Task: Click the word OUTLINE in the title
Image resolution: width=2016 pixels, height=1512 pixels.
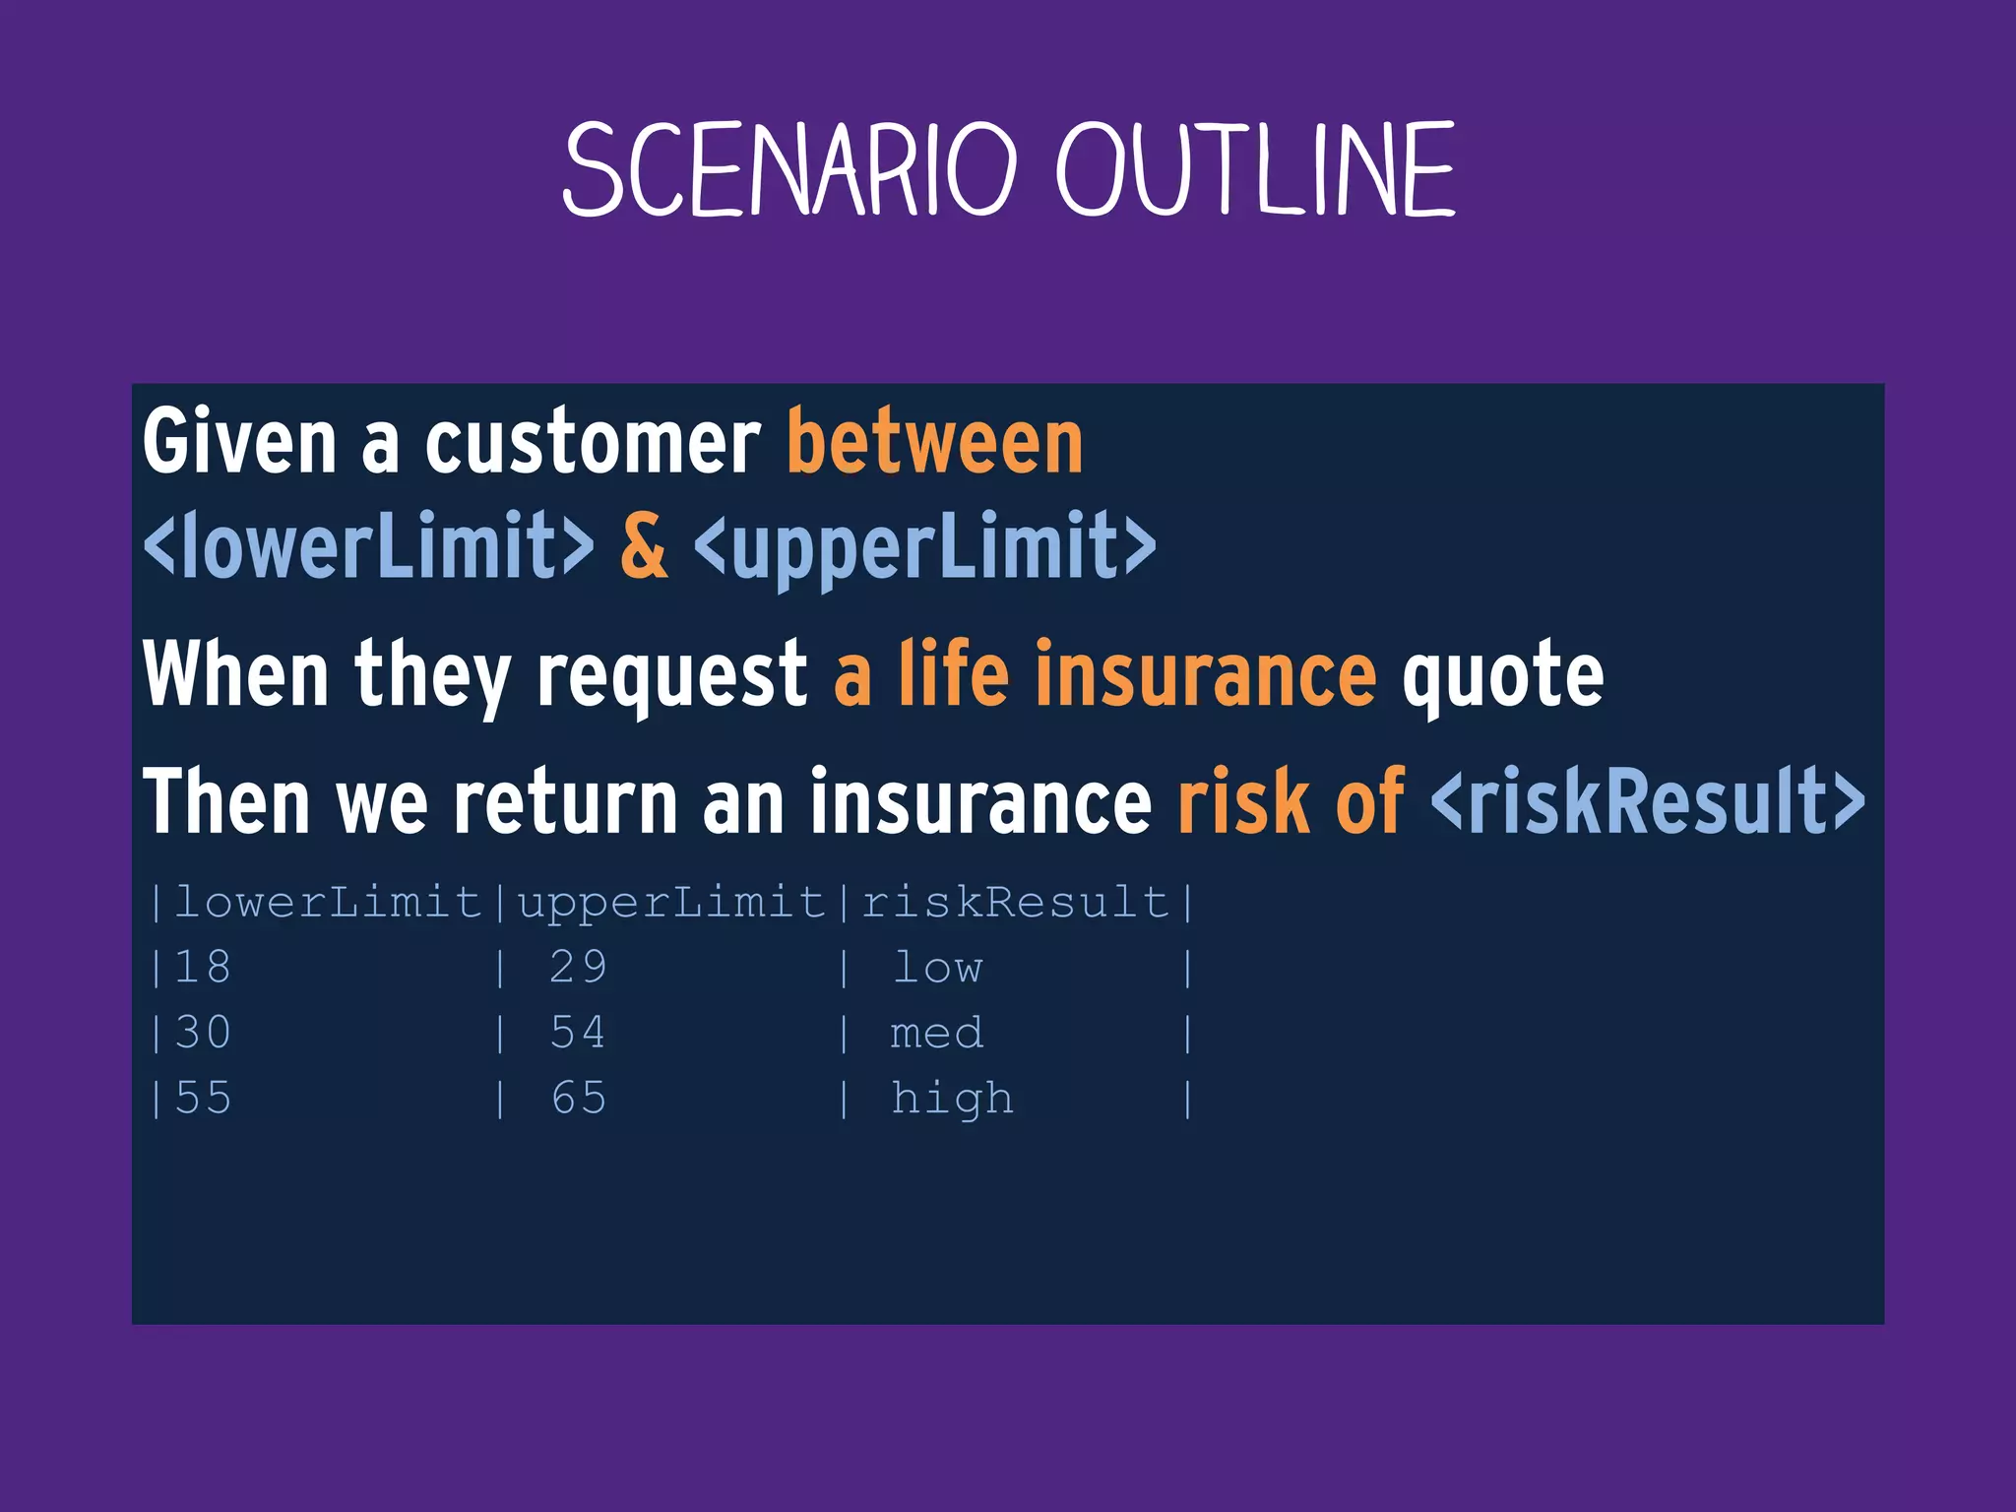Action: (x=1255, y=169)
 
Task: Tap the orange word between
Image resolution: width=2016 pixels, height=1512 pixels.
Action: (x=934, y=443)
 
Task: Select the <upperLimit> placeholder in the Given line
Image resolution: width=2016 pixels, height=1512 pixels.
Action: (x=925, y=546)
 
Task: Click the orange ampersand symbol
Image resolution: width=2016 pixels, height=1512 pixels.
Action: (x=644, y=546)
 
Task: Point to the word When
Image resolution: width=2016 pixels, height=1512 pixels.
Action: (x=236, y=674)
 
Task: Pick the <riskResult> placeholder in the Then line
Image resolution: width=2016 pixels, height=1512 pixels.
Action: (x=1647, y=802)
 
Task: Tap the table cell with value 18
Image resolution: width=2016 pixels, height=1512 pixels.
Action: (x=203, y=968)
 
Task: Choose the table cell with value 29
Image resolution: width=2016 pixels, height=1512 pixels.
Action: (x=578, y=968)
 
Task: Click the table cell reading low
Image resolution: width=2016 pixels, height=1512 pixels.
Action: (x=937, y=968)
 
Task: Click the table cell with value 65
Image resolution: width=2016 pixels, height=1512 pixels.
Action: (x=578, y=1099)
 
